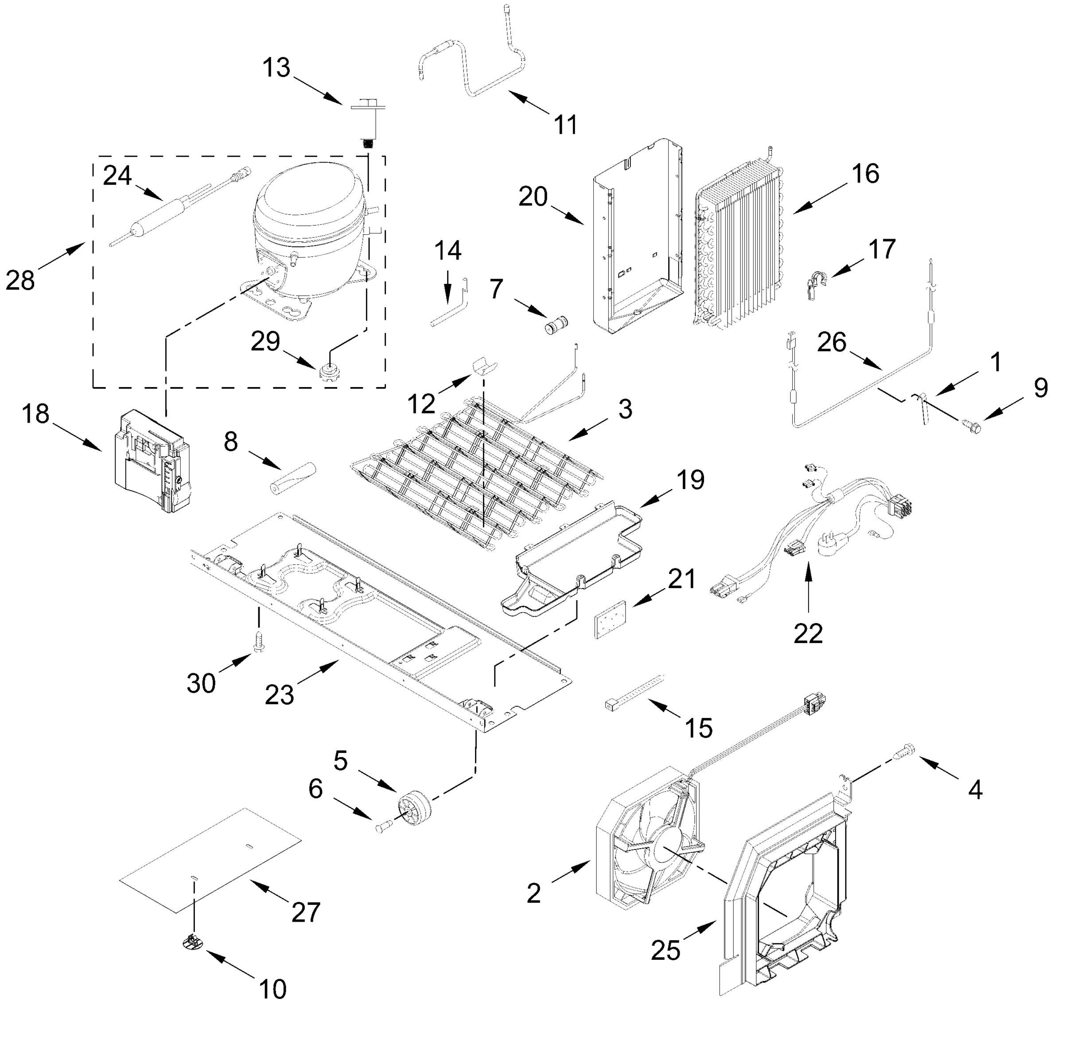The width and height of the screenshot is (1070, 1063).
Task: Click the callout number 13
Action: coord(276,68)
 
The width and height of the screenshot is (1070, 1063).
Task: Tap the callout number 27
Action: coord(306,912)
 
